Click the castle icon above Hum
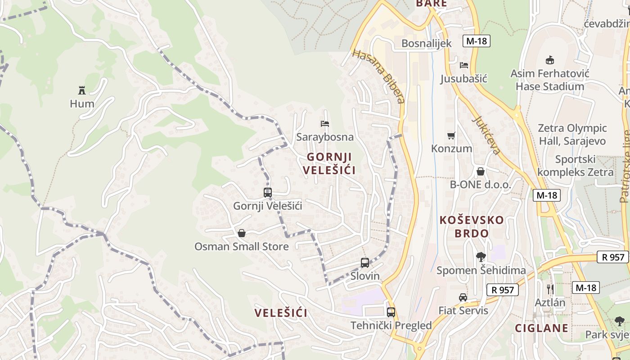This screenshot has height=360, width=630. (x=82, y=90)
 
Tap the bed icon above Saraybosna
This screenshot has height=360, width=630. (x=325, y=123)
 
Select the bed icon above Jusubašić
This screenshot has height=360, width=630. (x=464, y=65)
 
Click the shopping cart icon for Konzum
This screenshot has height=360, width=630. (x=451, y=135)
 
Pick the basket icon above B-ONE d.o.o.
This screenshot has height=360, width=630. (x=481, y=171)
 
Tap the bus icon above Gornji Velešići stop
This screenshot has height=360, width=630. (x=268, y=193)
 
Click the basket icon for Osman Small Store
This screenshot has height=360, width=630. (x=242, y=233)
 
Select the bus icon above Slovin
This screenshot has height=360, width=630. (x=365, y=263)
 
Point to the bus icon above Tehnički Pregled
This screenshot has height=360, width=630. (x=391, y=312)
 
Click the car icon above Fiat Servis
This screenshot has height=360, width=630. (x=463, y=297)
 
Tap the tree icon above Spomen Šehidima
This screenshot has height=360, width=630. (x=481, y=257)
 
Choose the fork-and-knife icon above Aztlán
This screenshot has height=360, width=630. (x=550, y=289)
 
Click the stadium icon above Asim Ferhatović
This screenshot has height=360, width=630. (x=549, y=60)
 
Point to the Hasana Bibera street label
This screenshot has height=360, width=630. (x=379, y=76)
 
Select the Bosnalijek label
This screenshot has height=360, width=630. (x=426, y=43)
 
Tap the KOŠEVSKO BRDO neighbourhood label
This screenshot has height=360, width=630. (x=472, y=227)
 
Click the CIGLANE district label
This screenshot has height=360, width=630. (x=541, y=328)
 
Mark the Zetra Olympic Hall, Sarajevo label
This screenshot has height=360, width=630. (x=572, y=135)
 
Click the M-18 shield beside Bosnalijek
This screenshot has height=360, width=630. (x=476, y=41)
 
